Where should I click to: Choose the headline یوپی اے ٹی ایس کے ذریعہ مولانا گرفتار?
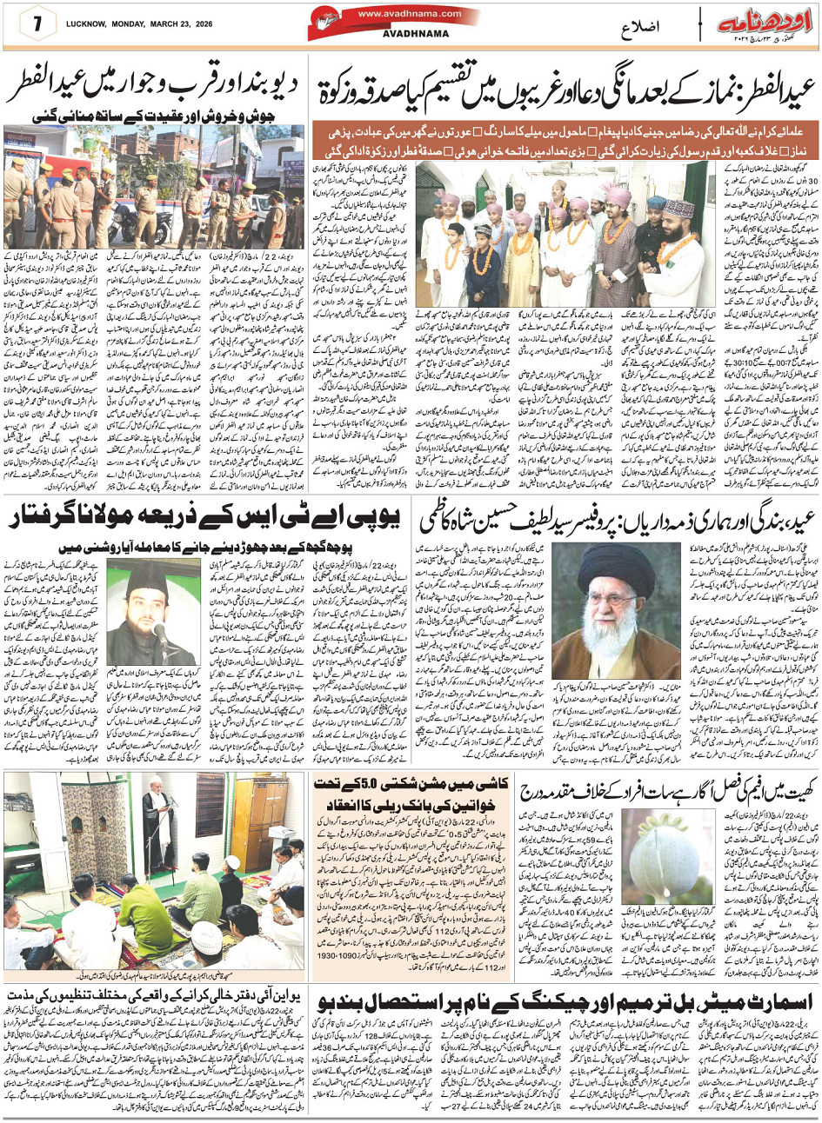tap(205, 522)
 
